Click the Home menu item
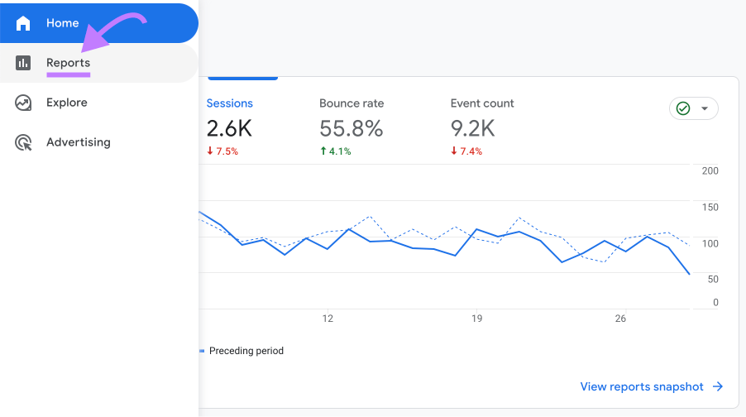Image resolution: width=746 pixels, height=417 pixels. click(x=63, y=23)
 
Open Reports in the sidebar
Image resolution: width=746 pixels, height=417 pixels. click(x=68, y=63)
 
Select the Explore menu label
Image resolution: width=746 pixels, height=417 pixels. click(x=66, y=103)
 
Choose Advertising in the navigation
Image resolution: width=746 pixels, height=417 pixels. click(x=78, y=142)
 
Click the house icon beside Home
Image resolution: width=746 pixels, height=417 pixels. click(x=23, y=23)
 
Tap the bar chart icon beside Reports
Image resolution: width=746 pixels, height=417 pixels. click(x=23, y=63)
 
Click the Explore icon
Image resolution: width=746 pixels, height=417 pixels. click(x=23, y=103)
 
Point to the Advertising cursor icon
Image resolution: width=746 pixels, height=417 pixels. click(x=23, y=142)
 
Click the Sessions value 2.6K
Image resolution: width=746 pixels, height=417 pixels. click(x=229, y=128)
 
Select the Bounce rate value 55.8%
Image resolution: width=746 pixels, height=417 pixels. click(x=351, y=128)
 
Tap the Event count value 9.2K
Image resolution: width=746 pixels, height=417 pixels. click(x=472, y=128)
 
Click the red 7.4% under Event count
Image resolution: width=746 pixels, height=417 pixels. click(x=466, y=151)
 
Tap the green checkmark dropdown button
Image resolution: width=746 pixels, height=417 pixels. click(x=693, y=108)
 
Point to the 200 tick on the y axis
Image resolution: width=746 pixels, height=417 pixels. click(x=710, y=170)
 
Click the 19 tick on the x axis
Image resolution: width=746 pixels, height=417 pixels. click(x=476, y=319)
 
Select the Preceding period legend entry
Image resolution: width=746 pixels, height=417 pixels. click(x=246, y=351)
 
